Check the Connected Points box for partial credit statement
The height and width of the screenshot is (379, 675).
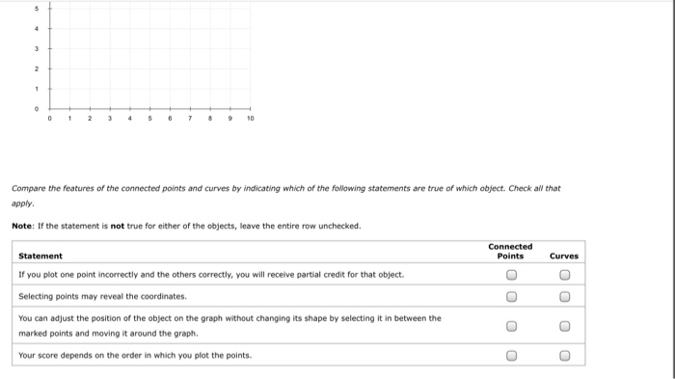(511, 275)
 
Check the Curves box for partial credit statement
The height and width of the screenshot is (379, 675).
(565, 275)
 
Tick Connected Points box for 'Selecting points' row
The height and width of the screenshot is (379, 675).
(511, 297)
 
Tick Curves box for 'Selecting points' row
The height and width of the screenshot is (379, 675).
(565, 297)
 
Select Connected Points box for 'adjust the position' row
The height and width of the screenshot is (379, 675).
(511, 325)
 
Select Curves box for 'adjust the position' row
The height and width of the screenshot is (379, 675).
(565, 325)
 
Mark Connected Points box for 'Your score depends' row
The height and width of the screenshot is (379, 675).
(511, 355)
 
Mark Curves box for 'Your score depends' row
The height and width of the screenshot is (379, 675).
(565, 355)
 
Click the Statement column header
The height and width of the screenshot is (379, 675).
(40, 256)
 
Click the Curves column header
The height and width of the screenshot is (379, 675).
(564, 256)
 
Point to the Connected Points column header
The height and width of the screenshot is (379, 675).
(510, 251)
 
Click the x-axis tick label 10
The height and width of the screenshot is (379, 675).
(251, 120)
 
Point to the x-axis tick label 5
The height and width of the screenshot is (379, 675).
(150, 120)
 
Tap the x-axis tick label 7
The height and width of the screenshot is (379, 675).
(191, 120)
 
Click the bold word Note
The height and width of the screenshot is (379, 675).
(21, 226)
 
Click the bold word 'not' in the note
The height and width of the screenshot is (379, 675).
(118, 226)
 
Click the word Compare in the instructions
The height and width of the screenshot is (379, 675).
(29, 188)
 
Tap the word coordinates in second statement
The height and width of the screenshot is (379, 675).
(164, 296)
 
